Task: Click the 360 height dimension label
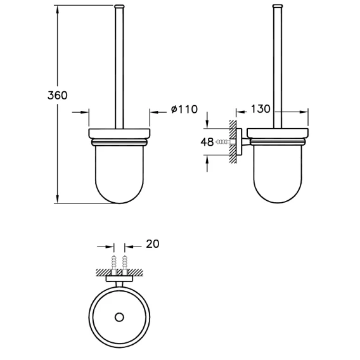(x=58, y=95)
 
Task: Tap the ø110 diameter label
(x=184, y=109)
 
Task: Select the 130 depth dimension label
(x=260, y=109)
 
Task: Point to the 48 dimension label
(x=207, y=142)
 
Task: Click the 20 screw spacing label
(x=153, y=244)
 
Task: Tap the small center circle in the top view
(x=119, y=318)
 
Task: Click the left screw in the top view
(x=114, y=265)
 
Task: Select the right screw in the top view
(x=124, y=265)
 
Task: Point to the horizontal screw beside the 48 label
(x=226, y=142)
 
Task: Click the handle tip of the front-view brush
(x=119, y=6)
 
